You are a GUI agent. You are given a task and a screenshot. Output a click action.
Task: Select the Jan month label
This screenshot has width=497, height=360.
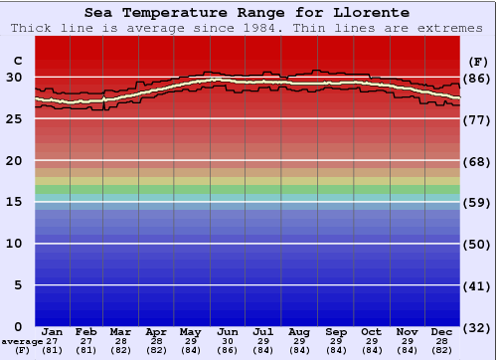click(54, 331)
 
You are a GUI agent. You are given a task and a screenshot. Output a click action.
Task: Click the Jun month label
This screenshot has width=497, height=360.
click(227, 331)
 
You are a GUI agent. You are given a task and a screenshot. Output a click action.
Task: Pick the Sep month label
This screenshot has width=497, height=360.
click(336, 331)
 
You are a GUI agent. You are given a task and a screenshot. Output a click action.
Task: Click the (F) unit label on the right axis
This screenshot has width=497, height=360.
click(478, 62)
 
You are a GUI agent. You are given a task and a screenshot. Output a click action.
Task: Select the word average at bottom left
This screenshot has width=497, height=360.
click(23, 341)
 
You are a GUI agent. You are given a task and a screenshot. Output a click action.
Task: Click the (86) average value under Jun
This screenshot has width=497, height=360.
click(227, 350)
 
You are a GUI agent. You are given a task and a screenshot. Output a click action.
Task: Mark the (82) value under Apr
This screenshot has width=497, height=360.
click(156, 350)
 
